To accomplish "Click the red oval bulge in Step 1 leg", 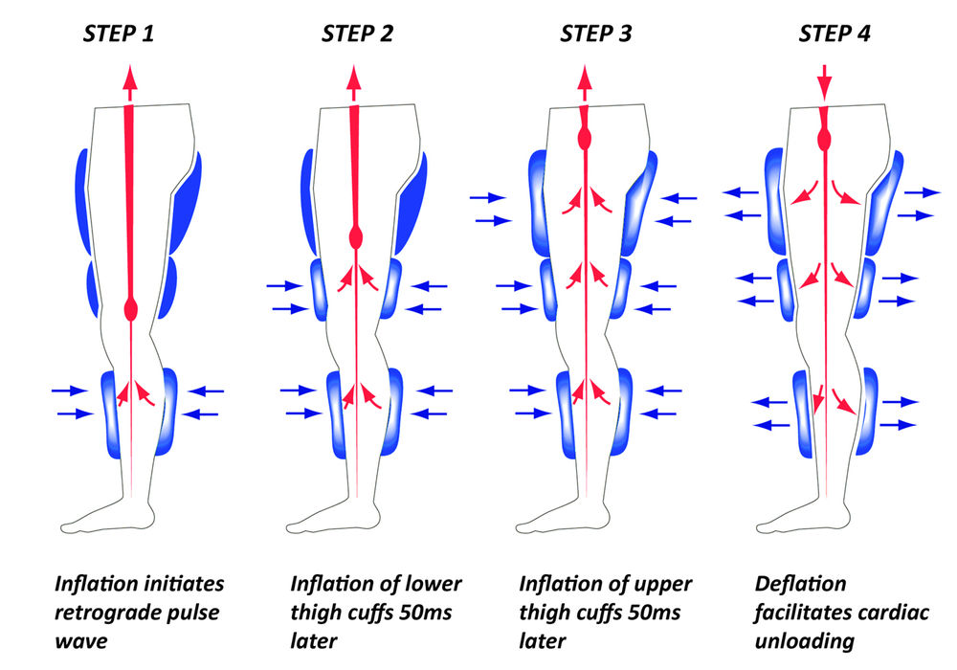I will coord(131,309).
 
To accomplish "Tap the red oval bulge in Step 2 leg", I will coord(356,235).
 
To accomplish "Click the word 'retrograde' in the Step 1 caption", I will coord(101,612).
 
